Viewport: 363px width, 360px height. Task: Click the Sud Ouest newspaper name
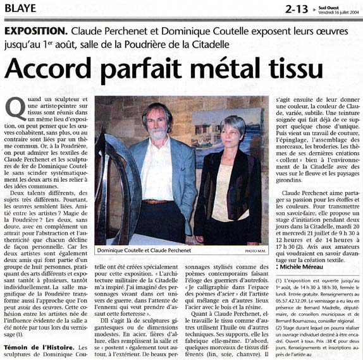(x=333, y=6)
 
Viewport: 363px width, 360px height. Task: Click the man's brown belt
(x=156, y=201)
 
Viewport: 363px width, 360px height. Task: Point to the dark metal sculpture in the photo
(x=120, y=189)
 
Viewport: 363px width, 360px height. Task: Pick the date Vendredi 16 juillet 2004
(x=333, y=12)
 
